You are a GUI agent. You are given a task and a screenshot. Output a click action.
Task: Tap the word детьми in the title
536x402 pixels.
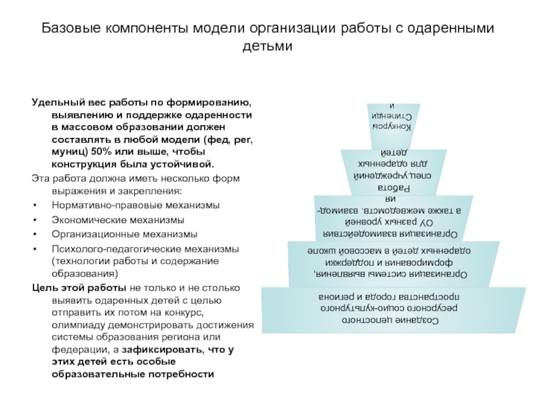coord(267,47)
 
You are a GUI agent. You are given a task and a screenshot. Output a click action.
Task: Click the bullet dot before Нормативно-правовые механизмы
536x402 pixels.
coord(34,205)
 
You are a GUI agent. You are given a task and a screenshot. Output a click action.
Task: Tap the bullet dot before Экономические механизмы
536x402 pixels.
coord(34,220)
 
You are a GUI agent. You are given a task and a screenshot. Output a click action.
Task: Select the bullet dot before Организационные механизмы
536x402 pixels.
coord(34,234)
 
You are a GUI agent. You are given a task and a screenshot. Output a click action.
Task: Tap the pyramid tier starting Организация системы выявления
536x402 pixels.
coord(393,263)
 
